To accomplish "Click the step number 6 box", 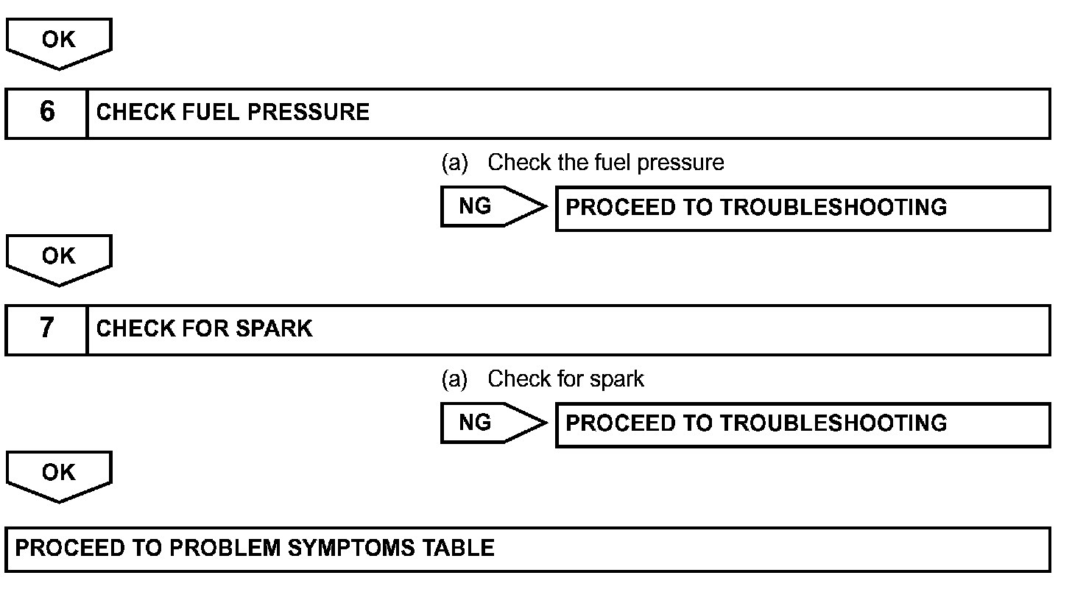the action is pos(46,113).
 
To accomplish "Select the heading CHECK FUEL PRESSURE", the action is pos(233,113).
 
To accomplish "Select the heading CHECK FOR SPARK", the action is pos(204,328).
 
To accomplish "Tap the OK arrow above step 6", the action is pos(58,41).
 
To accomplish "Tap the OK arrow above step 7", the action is pos(58,258).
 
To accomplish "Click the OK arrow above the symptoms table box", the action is pos(58,474).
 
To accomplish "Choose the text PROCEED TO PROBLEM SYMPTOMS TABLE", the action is pos(255,549).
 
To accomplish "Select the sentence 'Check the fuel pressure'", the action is pos(605,163).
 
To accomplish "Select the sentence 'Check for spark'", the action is pos(565,379).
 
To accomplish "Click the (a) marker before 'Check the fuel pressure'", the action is pos(454,163).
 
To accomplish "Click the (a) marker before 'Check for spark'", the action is pos(454,379).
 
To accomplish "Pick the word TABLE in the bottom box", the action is pos(459,549).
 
